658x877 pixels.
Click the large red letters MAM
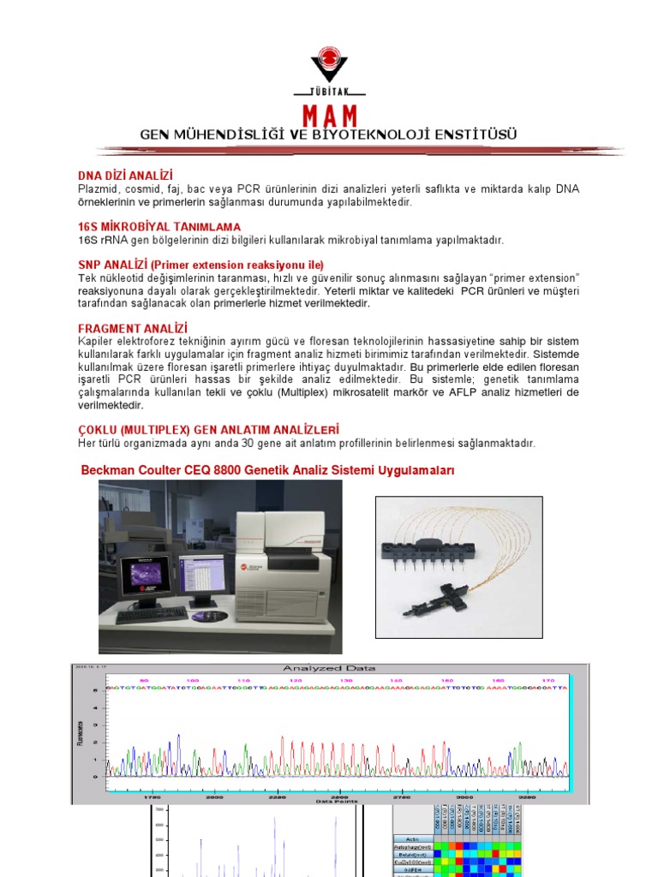click(x=329, y=116)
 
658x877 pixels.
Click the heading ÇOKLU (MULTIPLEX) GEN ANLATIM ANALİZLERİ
click(x=208, y=429)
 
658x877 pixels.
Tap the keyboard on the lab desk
click(x=152, y=614)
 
